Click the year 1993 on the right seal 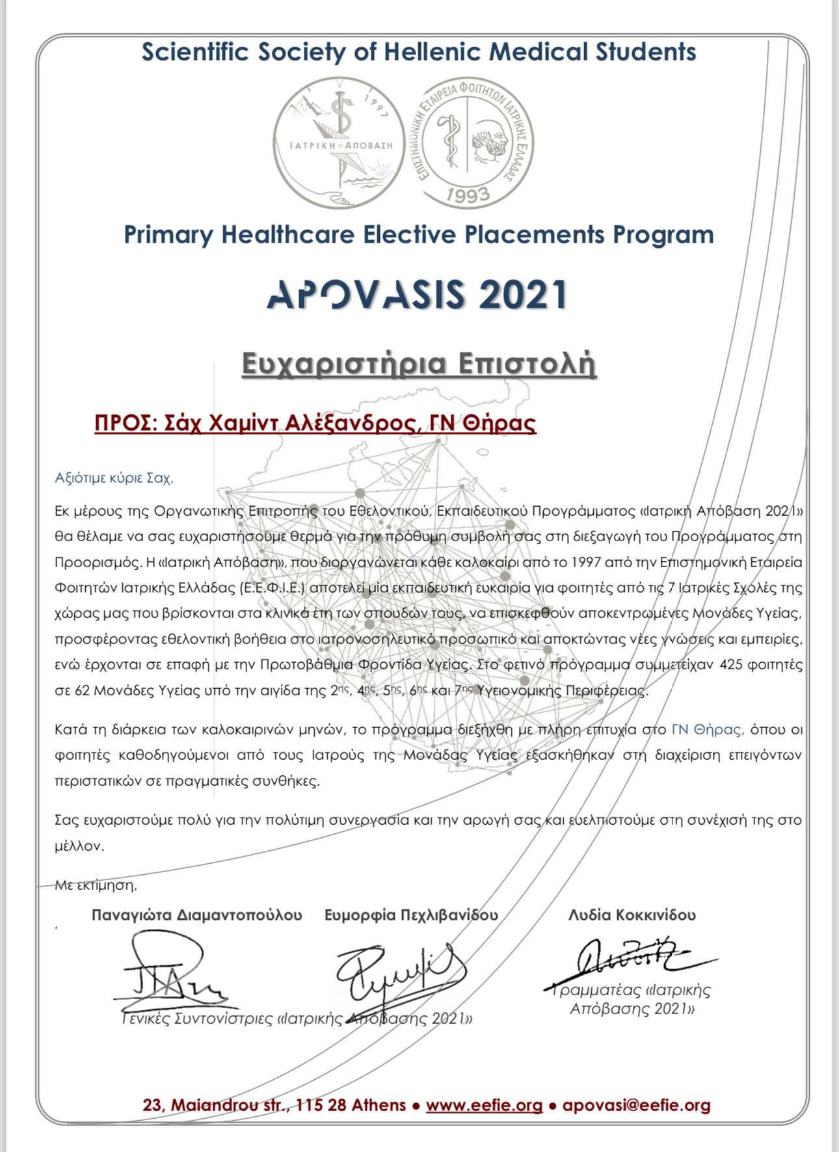468,194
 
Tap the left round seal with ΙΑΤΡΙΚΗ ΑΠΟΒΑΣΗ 335,143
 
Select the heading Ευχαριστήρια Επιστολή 419,364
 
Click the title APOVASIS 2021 418,295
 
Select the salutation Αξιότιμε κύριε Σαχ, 114,478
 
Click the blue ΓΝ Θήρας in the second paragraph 708,730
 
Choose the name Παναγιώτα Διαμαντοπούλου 196,915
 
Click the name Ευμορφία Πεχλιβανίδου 411,915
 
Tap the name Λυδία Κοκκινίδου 632,915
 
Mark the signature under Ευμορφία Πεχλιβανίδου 400,972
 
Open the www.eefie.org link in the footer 484,1105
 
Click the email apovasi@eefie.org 636,1105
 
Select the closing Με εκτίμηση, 96,885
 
